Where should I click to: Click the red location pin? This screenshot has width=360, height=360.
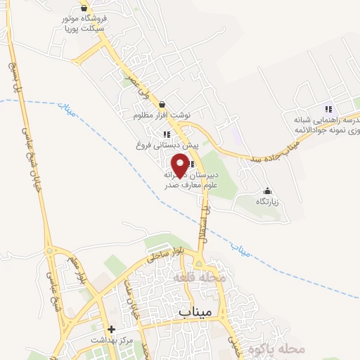(181, 164)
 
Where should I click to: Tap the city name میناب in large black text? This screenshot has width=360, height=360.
(195, 311)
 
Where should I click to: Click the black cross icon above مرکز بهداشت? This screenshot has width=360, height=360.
(110, 329)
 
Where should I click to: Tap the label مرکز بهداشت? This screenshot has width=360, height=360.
(110, 340)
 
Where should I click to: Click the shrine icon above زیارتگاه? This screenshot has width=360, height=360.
(266, 191)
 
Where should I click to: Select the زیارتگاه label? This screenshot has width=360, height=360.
(266, 201)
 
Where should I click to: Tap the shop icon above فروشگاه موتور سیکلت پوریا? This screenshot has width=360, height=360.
(84, 8)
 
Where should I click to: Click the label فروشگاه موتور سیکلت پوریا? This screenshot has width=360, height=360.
(84, 25)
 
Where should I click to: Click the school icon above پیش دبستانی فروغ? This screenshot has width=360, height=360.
(167, 134)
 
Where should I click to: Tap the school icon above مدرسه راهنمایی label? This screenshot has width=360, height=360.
(328, 108)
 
